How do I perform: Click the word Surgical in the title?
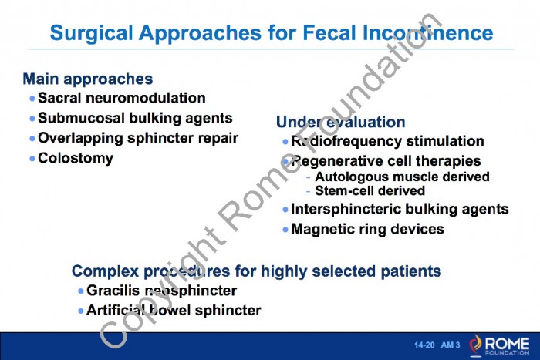click(91, 34)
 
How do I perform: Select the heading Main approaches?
click(88, 79)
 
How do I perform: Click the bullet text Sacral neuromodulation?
click(122, 98)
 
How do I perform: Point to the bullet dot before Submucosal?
click(32, 119)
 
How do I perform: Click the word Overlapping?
click(80, 138)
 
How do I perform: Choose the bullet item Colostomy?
click(76, 158)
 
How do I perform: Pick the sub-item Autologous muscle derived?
click(402, 177)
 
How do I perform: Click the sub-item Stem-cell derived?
click(370, 190)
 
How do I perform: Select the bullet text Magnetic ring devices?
click(367, 229)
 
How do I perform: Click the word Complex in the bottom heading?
click(105, 271)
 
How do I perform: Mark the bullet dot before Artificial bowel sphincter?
click(81, 311)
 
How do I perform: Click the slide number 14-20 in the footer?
click(424, 345)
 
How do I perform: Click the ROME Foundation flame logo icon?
click(476, 345)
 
